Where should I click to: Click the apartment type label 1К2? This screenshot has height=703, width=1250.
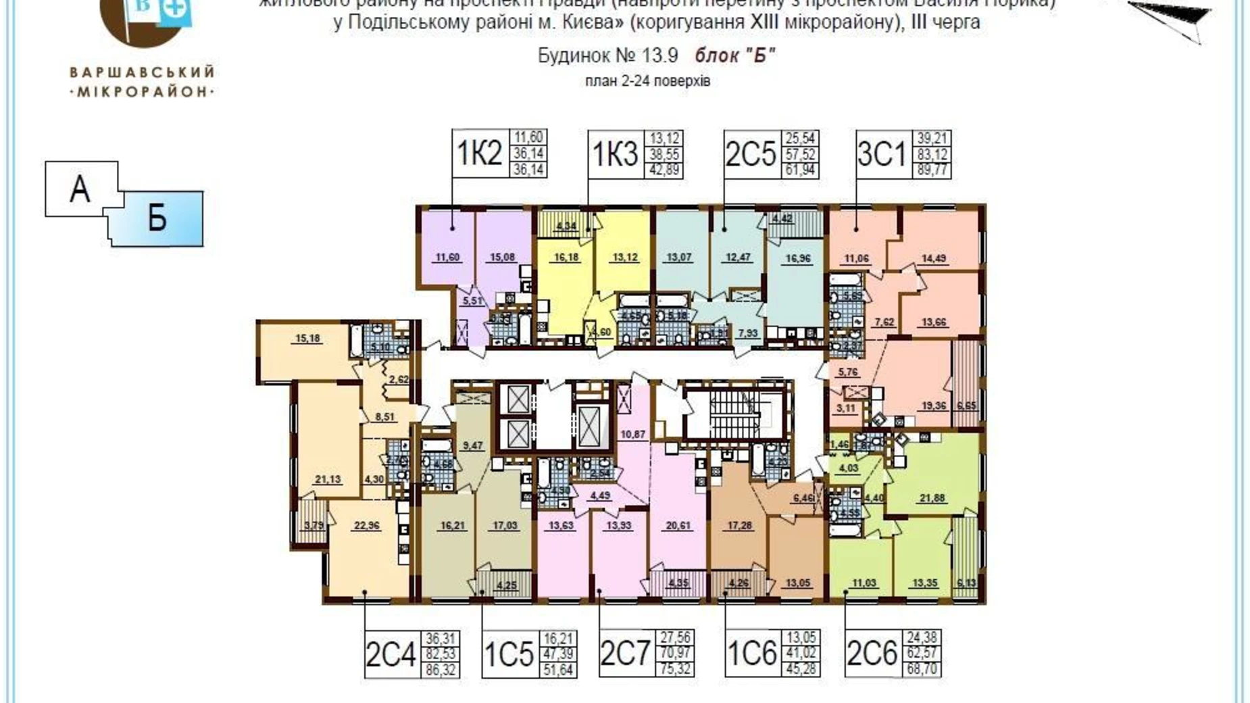(480, 154)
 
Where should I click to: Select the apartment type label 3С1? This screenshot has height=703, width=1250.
(881, 155)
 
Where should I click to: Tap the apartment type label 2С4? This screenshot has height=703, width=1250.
(390, 654)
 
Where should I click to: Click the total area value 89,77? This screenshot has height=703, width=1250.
(933, 170)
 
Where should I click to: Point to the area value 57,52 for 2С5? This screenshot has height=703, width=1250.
(800, 154)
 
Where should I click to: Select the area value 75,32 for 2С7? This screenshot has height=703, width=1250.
(676, 669)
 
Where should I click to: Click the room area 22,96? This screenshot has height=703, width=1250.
(366, 525)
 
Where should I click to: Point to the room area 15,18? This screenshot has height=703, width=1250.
(308, 338)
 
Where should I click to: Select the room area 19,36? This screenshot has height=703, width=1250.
(933, 406)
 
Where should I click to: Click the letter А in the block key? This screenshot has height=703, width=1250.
(80, 189)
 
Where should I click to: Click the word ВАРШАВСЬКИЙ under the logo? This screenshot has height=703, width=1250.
(142, 72)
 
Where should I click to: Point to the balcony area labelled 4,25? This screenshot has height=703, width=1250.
(506, 585)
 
